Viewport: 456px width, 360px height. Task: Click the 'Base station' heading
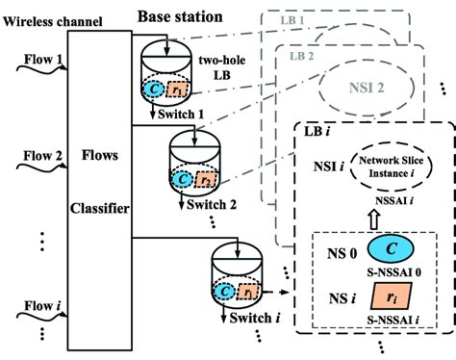coord(181,16)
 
